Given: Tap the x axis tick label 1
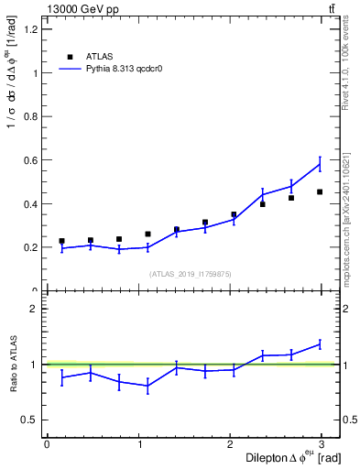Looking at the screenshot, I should (140, 444).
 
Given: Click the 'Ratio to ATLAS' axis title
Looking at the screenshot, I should (12, 365).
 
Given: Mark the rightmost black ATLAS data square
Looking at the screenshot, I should (320, 192).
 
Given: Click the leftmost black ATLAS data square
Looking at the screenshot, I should (61, 241).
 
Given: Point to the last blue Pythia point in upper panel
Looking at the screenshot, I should (320, 165).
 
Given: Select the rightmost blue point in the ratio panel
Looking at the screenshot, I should (320, 344).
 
